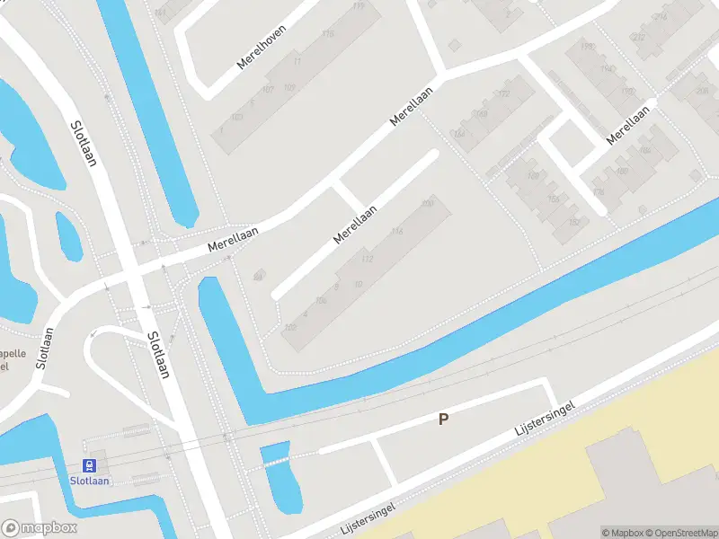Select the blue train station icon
pyautogui.click(x=90, y=465)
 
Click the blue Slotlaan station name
pyautogui.click(x=90, y=481)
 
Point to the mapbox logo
pyautogui.click(x=38, y=528)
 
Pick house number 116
pyautogui.click(x=397, y=232)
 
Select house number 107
pyautogui.click(x=268, y=90)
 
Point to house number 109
pyautogui.click(x=289, y=87)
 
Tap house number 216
pyautogui.click(x=661, y=17)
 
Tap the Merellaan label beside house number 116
pyautogui.click(x=354, y=225)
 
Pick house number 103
pyautogui.click(x=237, y=117)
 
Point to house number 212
pyautogui.click(x=638, y=37)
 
